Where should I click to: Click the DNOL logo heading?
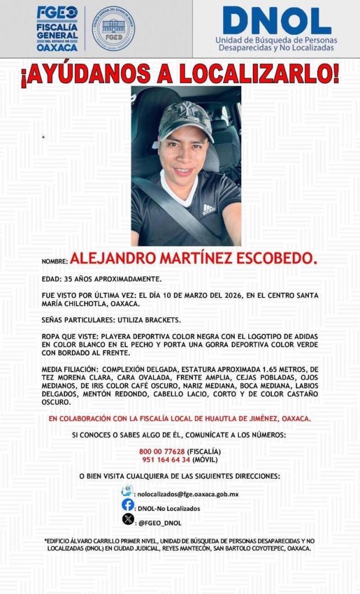277,21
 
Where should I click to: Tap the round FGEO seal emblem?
114,28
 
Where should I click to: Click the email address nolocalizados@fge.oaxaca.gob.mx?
187,494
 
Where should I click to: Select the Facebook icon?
128,506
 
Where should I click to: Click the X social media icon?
128,520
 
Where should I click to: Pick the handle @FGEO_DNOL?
159,523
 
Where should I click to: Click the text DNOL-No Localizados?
169,508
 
